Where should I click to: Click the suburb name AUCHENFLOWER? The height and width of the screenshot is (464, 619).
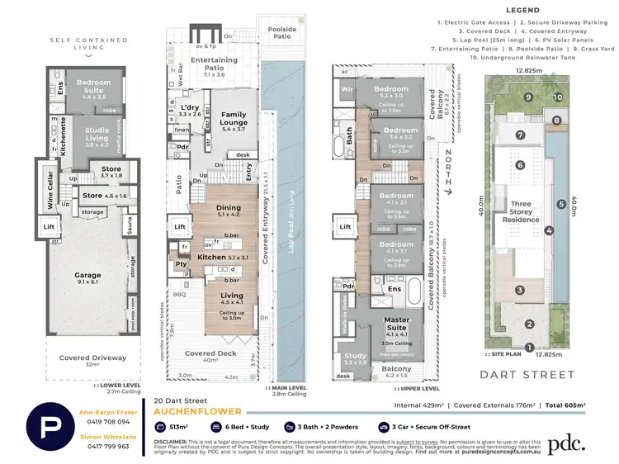click(x=197, y=411)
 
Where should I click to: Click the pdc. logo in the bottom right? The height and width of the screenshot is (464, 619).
click(x=568, y=421)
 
